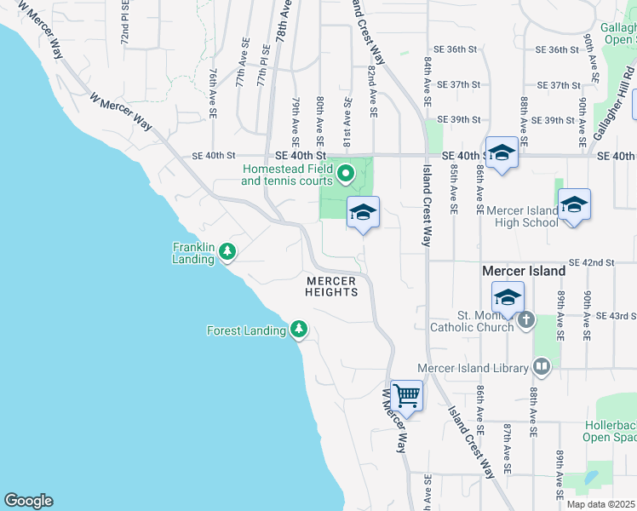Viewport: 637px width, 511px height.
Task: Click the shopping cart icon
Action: pyautogui.click(x=407, y=395)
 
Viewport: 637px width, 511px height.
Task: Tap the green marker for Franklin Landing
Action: pyautogui.click(x=227, y=251)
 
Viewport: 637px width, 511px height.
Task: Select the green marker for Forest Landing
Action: pyautogui.click(x=298, y=329)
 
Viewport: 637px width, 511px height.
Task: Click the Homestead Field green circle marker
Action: pyautogui.click(x=346, y=175)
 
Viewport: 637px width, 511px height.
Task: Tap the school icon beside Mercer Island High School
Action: pyautogui.click(x=575, y=204)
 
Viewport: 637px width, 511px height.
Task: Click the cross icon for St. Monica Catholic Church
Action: pyautogui.click(x=526, y=320)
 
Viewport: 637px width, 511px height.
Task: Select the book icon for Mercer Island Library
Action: pyautogui.click(x=541, y=367)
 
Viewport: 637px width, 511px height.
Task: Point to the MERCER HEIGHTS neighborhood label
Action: pyautogui.click(x=331, y=286)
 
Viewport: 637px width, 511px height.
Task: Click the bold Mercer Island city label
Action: pyautogui.click(x=523, y=271)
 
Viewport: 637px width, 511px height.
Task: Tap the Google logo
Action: pyautogui.click(x=28, y=501)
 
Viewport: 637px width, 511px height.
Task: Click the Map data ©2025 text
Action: pyautogui.click(x=600, y=504)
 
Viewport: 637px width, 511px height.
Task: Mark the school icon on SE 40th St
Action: pyautogui.click(x=502, y=152)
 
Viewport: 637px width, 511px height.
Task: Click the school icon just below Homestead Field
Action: pyautogui.click(x=363, y=212)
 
